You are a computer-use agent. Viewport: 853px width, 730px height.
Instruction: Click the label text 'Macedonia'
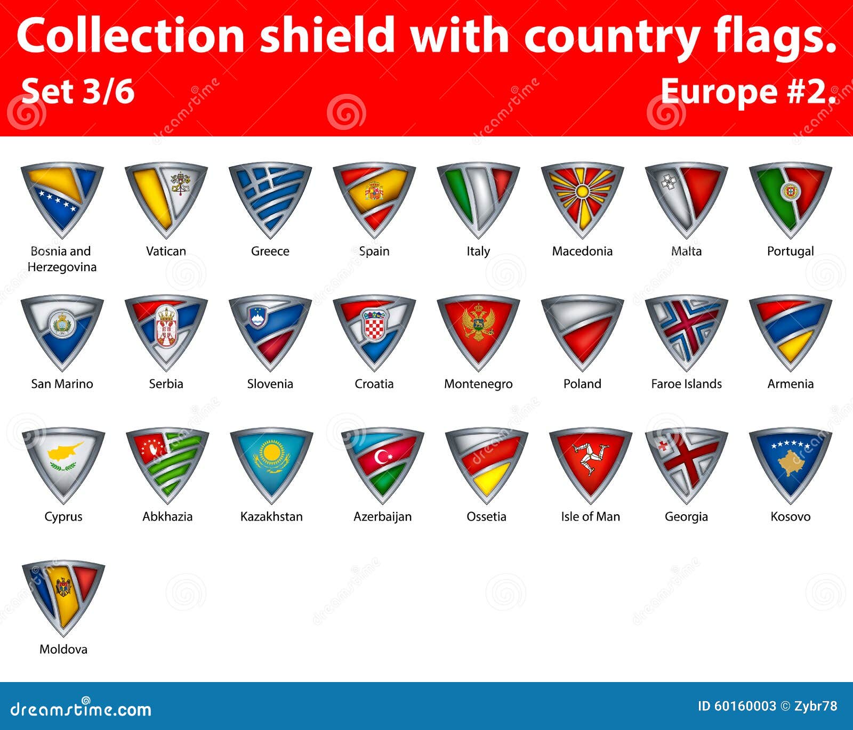582,251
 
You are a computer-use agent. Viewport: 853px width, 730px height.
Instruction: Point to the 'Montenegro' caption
478,384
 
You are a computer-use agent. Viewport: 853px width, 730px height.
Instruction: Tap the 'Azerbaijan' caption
382,516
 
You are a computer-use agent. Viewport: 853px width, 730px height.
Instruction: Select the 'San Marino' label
62,384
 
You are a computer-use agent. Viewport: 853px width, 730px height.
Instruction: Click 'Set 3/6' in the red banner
78,91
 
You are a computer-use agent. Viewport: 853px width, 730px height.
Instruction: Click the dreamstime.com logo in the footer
81,709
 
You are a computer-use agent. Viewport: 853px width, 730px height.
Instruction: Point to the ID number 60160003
737,706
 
